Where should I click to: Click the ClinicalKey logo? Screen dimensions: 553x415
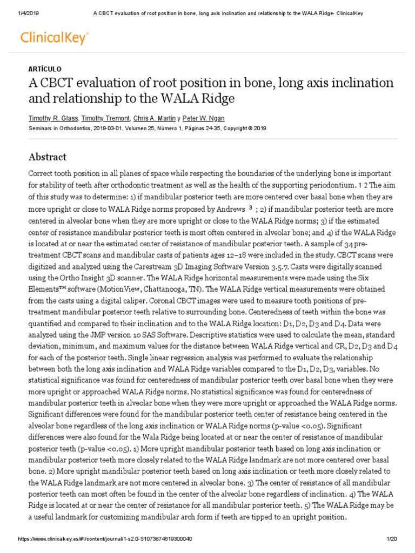(54, 37)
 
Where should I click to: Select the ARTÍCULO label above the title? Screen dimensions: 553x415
(44, 69)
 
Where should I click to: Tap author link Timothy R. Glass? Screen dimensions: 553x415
(53, 118)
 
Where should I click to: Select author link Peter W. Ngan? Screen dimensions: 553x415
(204, 118)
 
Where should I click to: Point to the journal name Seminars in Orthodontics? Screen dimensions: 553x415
(60, 129)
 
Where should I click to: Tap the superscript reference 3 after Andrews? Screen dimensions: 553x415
(250, 207)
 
